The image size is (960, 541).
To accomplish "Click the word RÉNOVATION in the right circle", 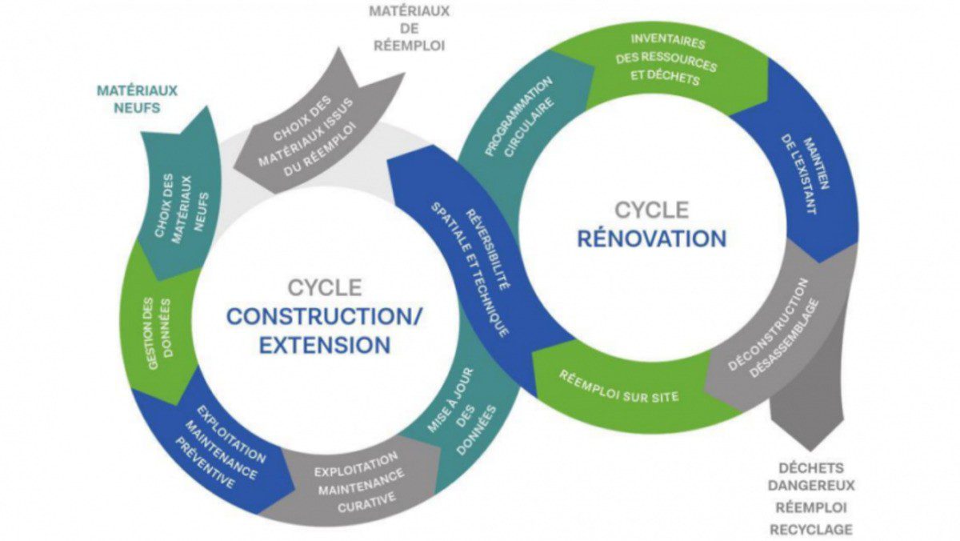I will (x=651, y=238).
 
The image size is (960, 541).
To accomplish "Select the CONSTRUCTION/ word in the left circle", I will (x=324, y=316).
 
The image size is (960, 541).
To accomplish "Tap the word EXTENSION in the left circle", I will (x=324, y=346).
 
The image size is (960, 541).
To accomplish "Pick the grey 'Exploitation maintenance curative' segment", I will (x=355, y=480).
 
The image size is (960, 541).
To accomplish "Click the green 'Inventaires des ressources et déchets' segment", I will (x=663, y=60).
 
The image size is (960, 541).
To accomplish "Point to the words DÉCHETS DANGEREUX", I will (x=810, y=476).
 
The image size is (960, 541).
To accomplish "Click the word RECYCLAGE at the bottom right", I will (x=810, y=529).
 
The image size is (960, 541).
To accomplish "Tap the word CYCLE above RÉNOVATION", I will (x=651, y=210).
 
